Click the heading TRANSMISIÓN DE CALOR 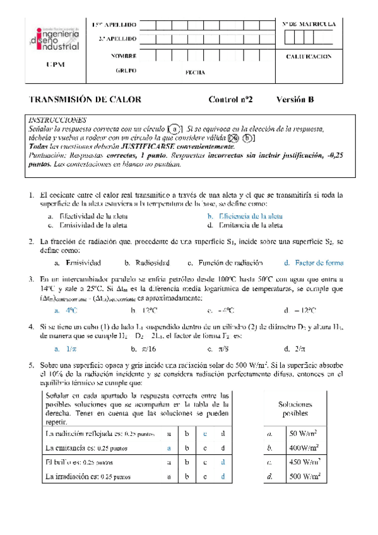click(85, 100)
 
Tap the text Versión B click(295, 100)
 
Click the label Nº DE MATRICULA click(310, 24)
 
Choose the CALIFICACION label click(310, 56)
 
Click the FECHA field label click(195, 73)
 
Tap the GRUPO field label click(126, 71)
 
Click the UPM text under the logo click(56, 65)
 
